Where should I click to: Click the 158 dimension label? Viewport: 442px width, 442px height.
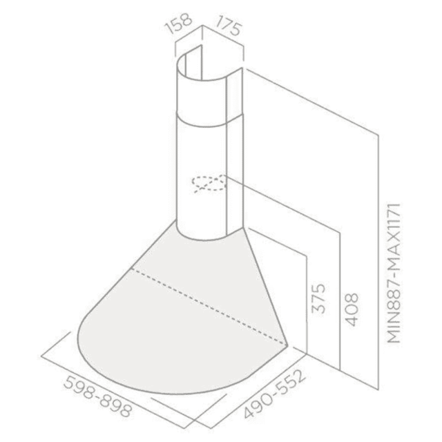pos(179,23)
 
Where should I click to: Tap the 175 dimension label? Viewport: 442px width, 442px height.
pos(229,26)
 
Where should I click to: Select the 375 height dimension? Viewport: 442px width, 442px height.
pos(319,298)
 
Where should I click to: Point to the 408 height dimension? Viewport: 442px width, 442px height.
pos(352,310)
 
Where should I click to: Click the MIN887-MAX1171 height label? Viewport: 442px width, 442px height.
pos(394,273)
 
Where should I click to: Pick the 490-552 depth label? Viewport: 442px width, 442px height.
pos(274,394)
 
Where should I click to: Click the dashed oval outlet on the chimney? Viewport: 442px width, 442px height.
pos(209,183)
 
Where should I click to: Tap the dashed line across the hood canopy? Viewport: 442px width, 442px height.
pos(209,306)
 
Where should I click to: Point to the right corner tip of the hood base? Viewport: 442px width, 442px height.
pos(287,345)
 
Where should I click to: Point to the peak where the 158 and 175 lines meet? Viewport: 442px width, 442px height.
pos(202,26)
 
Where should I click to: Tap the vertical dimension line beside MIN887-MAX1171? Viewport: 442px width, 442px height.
pos(378,262)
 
